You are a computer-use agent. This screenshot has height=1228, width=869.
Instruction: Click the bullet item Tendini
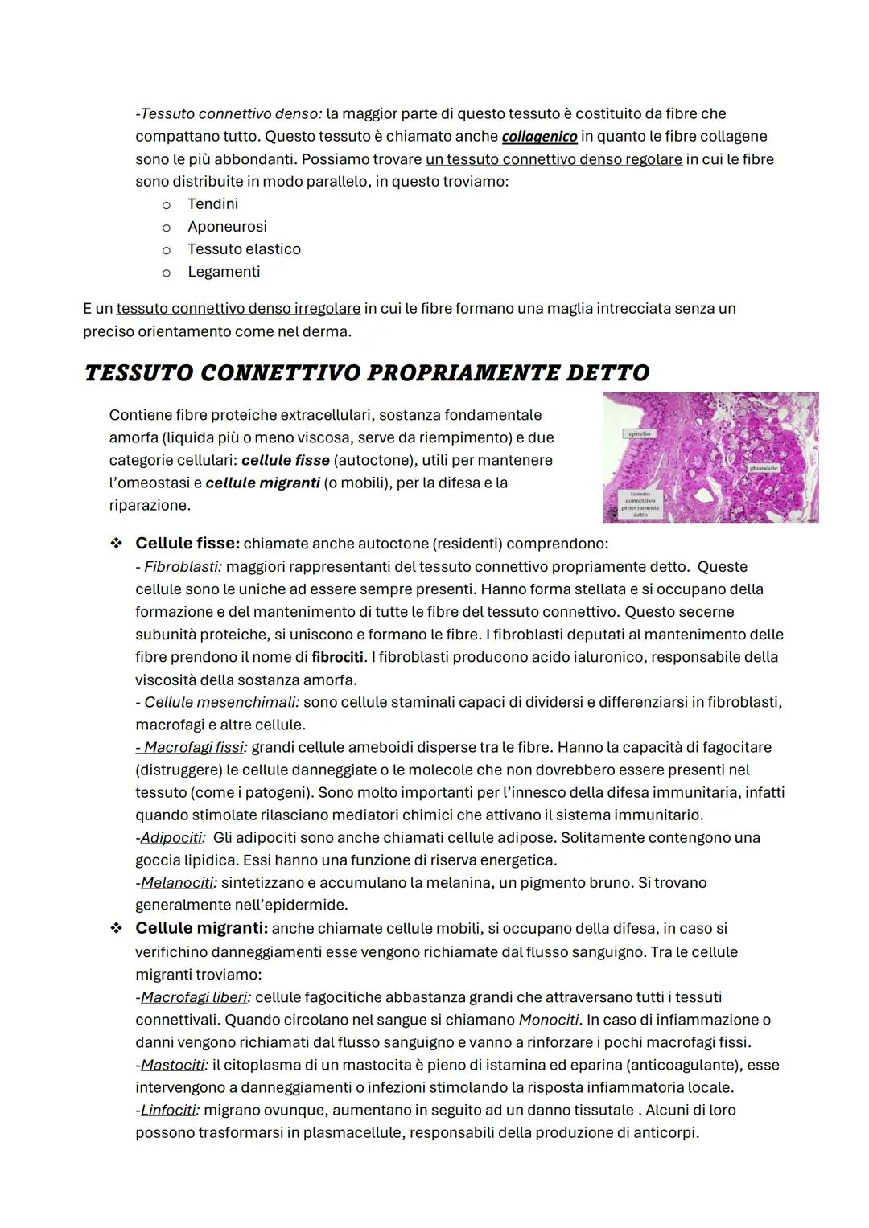pyautogui.click(x=212, y=204)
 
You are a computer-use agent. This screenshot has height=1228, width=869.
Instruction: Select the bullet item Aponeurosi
pyautogui.click(x=227, y=227)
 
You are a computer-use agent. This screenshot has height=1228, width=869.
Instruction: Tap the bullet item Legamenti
pyautogui.click(x=224, y=272)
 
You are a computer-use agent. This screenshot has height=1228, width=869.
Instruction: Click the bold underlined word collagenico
pyautogui.click(x=539, y=137)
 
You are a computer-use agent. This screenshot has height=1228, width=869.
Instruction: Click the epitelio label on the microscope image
pyautogui.click(x=640, y=433)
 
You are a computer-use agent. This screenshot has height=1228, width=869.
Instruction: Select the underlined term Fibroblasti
pyautogui.click(x=181, y=567)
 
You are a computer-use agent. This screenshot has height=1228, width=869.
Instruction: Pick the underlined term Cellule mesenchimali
pyautogui.click(x=220, y=702)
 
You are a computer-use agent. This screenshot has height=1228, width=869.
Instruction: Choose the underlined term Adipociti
pyautogui.click(x=171, y=837)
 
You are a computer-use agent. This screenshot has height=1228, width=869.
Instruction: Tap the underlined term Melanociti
pyautogui.click(x=177, y=882)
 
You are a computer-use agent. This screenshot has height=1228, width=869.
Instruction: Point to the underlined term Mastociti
pyautogui.click(x=172, y=1065)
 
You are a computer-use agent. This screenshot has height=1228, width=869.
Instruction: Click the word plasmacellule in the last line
pyautogui.click(x=350, y=1132)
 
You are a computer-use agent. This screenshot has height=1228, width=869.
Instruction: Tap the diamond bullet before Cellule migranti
pyautogui.click(x=117, y=928)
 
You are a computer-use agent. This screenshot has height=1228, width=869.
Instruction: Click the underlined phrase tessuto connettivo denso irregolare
pyautogui.click(x=238, y=309)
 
